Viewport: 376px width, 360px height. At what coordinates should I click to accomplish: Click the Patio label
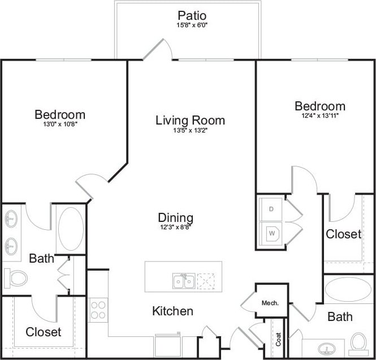[x=192, y=15]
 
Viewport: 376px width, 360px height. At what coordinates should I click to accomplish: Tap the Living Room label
[x=190, y=120]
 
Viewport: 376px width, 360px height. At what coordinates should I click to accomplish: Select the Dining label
[x=175, y=218]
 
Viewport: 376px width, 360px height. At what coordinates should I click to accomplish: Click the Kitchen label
[x=172, y=311]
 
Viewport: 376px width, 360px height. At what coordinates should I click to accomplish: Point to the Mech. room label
[x=270, y=303]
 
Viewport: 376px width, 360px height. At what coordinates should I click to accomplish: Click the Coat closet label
[x=278, y=340]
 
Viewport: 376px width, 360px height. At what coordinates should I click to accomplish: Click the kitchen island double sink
[x=184, y=281]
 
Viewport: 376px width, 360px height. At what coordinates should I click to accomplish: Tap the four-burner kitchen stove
[x=98, y=310]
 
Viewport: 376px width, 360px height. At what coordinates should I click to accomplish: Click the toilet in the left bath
[x=17, y=277]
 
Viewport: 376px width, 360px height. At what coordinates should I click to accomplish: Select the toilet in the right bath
[x=358, y=342]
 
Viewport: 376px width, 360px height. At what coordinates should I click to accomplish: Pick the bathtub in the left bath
[x=70, y=229]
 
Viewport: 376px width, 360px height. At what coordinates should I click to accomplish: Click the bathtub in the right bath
[x=348, y=289]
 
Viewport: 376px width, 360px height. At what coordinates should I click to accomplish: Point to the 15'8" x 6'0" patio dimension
[x=192, y=25]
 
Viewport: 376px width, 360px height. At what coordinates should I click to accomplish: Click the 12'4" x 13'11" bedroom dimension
[x=319, y=115]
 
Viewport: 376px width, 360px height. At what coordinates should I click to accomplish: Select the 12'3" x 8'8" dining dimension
[x=175, y=228]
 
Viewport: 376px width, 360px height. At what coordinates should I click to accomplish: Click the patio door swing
[x=158, y=49]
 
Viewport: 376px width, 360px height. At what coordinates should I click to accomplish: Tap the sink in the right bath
[x=326, y=347]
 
